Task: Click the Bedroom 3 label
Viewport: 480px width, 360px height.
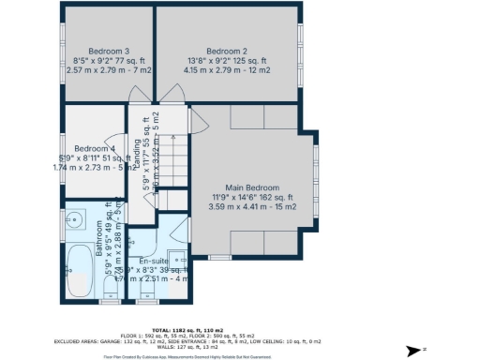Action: [x=109, y=51]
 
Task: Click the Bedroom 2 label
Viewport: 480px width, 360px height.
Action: [x=227, y=51]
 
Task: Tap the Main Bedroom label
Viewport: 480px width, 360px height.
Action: [x=251, y=187]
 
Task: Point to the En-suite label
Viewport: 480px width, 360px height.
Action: [x=153, y=261]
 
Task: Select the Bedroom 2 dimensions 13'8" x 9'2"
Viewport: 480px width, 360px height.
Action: [x=227, y=61]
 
